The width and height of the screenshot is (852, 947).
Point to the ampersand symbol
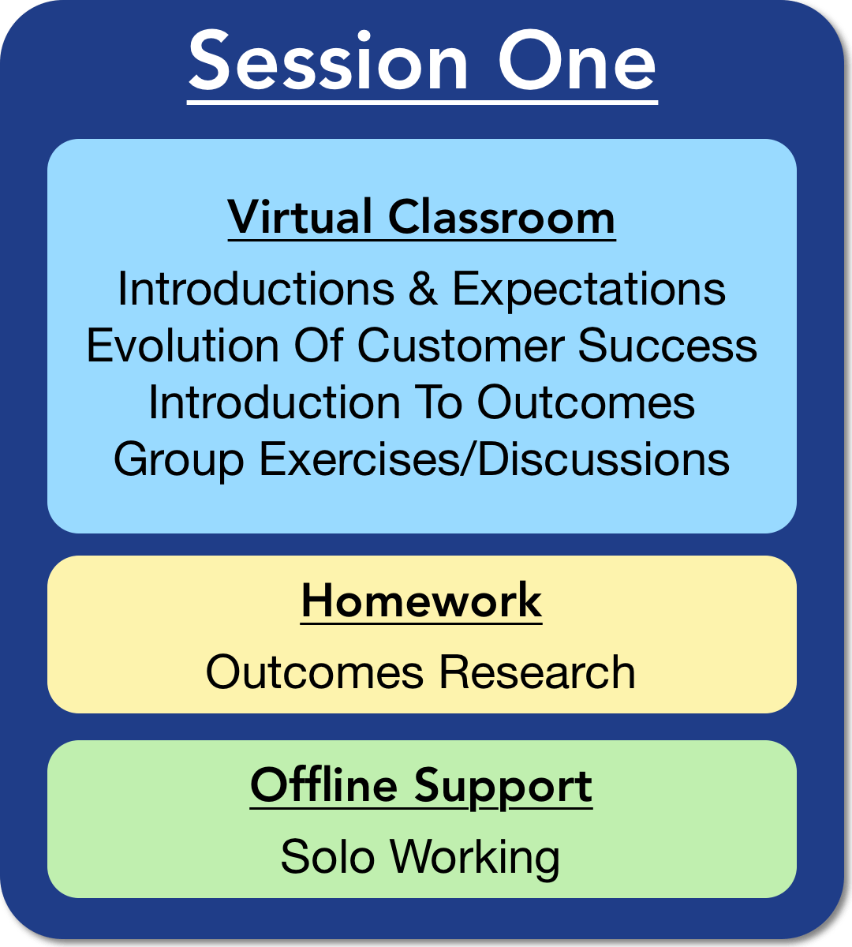[x=424, y=289]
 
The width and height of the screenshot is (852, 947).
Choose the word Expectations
[x=589, y=290]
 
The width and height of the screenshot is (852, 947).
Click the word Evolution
[x=183, y=345]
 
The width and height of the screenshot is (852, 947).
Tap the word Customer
[x=461, y=345]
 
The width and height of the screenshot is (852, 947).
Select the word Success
[x=667, y=345]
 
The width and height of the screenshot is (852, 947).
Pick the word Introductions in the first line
[x=256, y=289]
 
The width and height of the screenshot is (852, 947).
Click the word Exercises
[x=360, y=459]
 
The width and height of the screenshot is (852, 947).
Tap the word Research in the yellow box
[x=537, y=672]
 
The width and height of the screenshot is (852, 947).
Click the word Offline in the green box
[x=323, y=786]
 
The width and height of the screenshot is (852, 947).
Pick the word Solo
[x=327, y=857]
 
